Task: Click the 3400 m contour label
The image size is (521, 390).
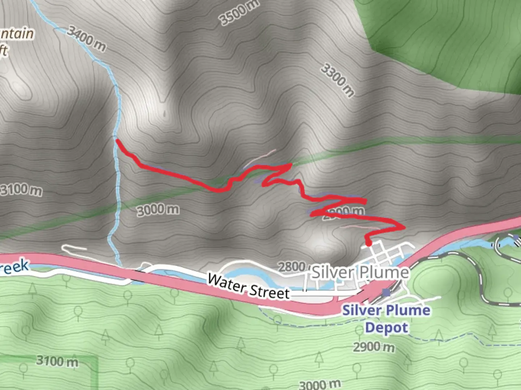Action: tap(86, 39)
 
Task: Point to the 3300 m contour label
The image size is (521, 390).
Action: tap(338, 80)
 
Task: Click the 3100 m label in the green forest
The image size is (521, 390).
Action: tap(57, 361)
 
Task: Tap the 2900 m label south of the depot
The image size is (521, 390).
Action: tap(374, 347)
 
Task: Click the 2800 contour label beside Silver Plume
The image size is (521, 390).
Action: tap(292, 267)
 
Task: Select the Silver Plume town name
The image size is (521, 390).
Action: tap(360, 272)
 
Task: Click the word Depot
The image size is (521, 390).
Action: tap(386, 328)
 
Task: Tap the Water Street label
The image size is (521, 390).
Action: tap(249, 286)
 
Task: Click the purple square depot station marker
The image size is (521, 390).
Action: tap(386, 292)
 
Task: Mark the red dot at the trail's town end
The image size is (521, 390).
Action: tap(369, 243)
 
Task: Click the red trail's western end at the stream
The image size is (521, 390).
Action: tap(117, 140)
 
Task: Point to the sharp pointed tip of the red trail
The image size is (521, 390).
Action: tap(291, 165)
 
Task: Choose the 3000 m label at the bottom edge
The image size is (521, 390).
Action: tap(320, 384)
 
